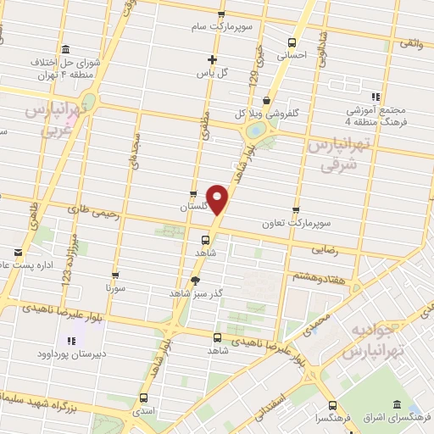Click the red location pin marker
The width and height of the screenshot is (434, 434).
click(218, 199)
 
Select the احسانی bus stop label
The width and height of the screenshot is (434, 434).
click(292, 55)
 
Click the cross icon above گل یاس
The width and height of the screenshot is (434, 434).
click(212, 59)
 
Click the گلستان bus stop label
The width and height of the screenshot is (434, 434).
click(194, 207)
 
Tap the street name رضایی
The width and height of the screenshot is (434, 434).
click(328, 250)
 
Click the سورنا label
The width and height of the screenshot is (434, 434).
click(114, 289)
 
